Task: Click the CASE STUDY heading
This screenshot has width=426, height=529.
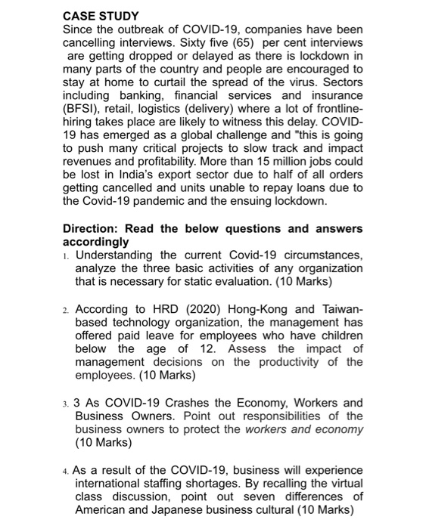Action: [x=101, y=15]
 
